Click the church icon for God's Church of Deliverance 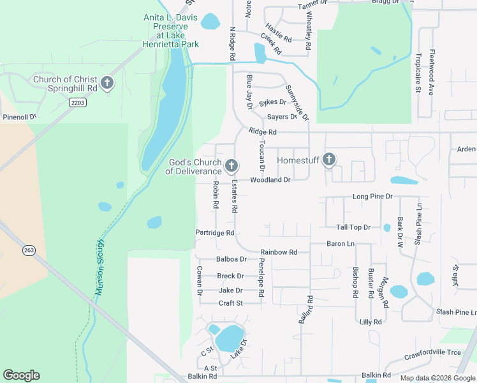pos(231,167)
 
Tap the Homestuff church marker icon pos(329,160)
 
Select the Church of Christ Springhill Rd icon pos(106,84)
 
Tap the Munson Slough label pos(99,267)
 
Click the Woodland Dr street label pos(270,180)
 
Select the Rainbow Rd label pos(279,252)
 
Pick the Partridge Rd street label pos(215,233)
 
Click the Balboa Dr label pos(231,259)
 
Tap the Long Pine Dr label pos(372,197)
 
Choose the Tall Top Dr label pos(353,227)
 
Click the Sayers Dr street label pos(282,117)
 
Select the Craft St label pos(231,303)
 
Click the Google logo pos(21,375)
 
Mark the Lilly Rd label pos(370,322)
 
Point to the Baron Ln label pos(340,244)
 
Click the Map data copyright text pos(437,378)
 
